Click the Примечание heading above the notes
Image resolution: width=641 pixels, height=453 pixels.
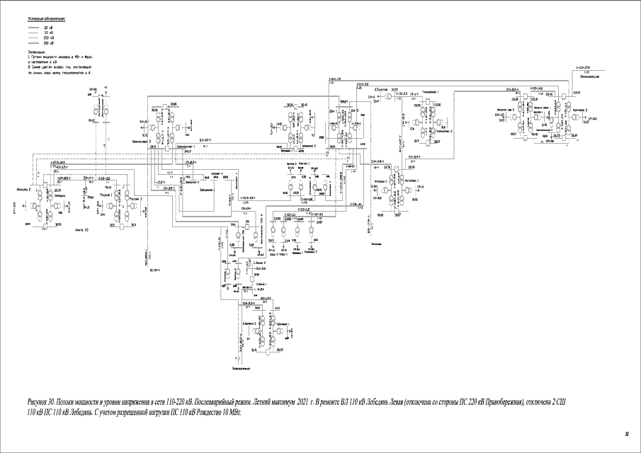[x=37, y=52]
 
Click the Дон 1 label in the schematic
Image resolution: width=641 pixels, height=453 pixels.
[x=332, y=112]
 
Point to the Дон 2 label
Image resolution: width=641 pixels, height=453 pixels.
[x=354, y=110]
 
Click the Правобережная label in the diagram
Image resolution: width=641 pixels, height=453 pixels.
[x=590, y=76]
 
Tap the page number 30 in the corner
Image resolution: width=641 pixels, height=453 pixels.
[x=626, y=433]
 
